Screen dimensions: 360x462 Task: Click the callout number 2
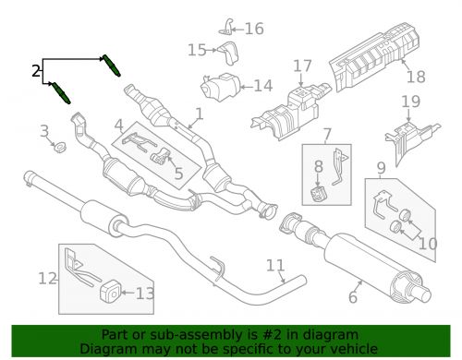pyautogui.click(x=35, y=71)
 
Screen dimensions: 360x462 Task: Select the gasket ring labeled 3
pyautogui.click(x=57, y=147)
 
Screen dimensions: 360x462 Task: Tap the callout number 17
pyautogui.click(x=303, y=66)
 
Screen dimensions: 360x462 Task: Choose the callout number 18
pyautogui.click(x=416, y=77)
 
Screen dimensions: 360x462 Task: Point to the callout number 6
pyautogui.click(x=353, y=297)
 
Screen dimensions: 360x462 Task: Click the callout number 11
pyautogui.click(x=275, y=267)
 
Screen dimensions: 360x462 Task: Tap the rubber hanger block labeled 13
pyautogui.click(x=108, y=293)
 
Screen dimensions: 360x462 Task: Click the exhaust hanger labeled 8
pyautogui.click(x=319, y=193)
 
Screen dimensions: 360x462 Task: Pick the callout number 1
pyautogui.click(x=197, y=116)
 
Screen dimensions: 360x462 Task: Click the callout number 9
pyautogui.click(x=380, y=168)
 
